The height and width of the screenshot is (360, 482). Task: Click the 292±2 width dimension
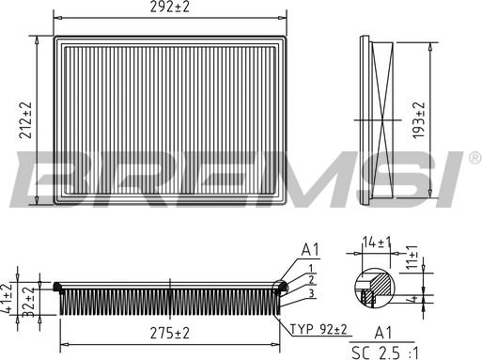(x=170, y=8)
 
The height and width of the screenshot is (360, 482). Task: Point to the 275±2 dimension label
(x=169, y=332)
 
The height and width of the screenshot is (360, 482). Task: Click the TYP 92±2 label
(x=319, y=328)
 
